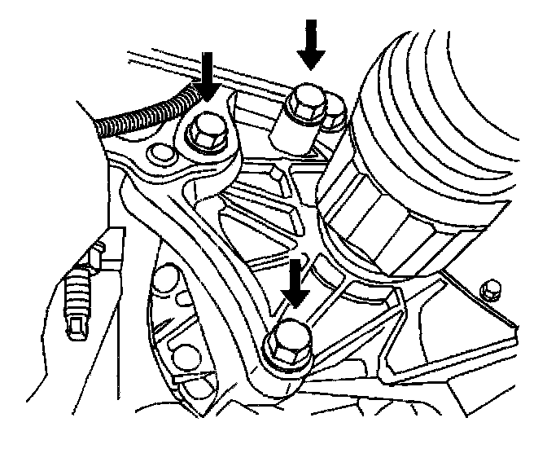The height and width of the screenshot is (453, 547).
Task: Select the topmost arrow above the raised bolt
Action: click(310, 45)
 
